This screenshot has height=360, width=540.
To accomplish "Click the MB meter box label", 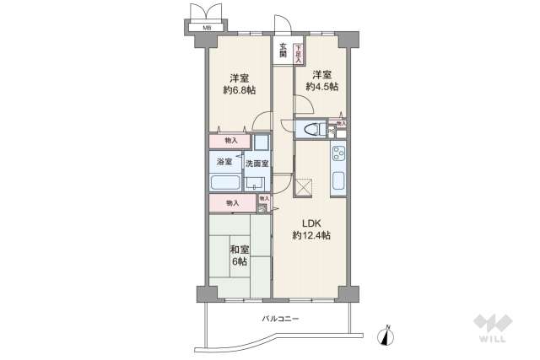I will click(x=207, y=27).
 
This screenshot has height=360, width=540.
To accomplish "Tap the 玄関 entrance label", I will click(x=283, y=51).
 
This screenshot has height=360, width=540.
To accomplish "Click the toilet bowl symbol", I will click(x=311, y=129).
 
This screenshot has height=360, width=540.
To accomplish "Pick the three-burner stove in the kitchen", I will click(x=337, y=154).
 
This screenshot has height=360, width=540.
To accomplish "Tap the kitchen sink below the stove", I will click(x=337, y=181).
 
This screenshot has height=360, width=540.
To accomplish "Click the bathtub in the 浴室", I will click(x=225, y=184).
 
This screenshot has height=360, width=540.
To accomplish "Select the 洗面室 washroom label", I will click(x=257, y=163).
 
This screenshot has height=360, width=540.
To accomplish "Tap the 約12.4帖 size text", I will click(x=311, y=235).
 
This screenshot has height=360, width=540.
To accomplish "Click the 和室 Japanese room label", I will click(x=239, y=250).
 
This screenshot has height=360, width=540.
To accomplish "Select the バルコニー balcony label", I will click(x=280, y=319).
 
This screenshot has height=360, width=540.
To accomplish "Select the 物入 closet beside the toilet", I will click(x=341, y=124).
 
